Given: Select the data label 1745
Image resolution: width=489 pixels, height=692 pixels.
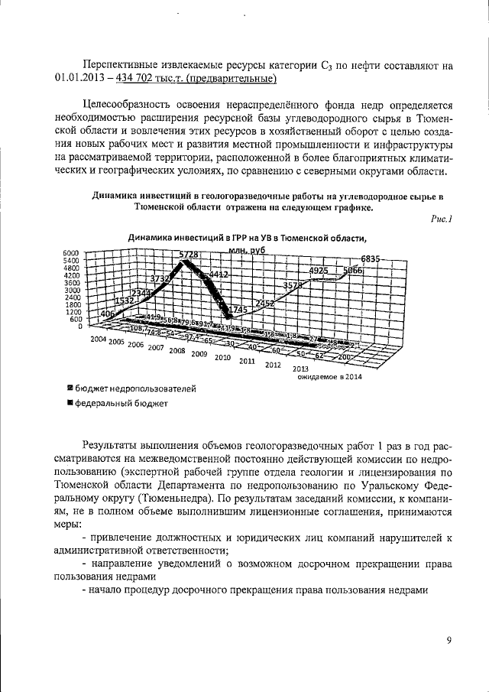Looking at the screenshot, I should (242, 309).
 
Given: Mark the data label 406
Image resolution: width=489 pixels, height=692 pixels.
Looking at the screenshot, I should (107, 314).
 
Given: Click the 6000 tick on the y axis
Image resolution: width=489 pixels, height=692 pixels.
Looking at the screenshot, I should (71, 253).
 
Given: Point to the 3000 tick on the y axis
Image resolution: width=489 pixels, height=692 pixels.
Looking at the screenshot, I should (71, 291).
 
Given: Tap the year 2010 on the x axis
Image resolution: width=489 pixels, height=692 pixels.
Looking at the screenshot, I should (223, 357).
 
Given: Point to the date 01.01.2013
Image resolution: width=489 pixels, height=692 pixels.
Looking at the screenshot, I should (80, 79).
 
